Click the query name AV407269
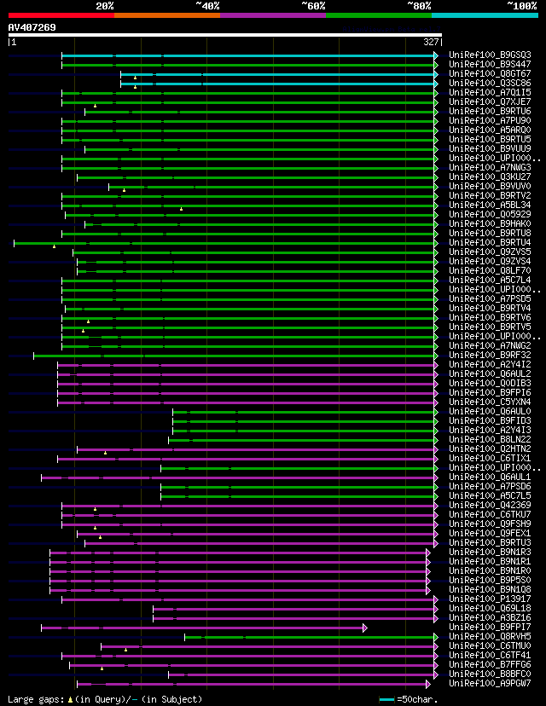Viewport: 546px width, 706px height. click(32, 27)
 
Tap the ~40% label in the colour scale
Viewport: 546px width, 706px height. click(207, 5)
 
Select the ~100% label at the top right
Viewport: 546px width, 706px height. click(522, 5)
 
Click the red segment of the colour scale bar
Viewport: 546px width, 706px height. click(61, 14)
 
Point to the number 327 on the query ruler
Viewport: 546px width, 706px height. click(431, 41)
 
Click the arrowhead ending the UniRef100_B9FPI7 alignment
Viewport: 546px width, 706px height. click(365, 628)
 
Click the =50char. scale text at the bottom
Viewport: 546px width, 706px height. click(417, 699)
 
